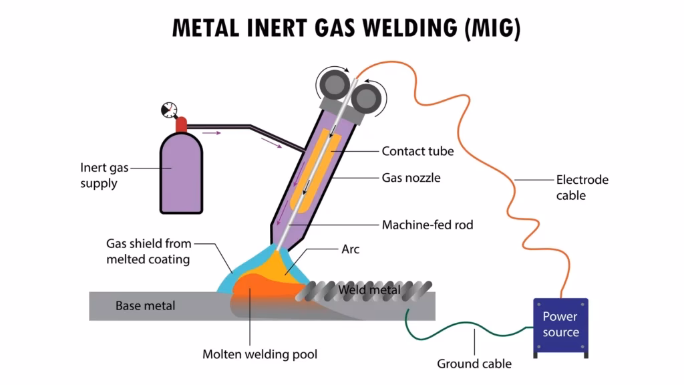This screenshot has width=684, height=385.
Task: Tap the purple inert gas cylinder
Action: pyautogui.click(x=180, y=170)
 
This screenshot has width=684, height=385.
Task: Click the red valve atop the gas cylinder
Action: pyautogui.click(x=181, y=124)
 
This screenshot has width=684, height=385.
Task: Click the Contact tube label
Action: pyautogui.click(x=417, y=151)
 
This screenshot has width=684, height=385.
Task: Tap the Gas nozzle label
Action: pyautogui.click(x=411, y=178)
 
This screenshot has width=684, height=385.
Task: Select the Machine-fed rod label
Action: pyautogui.click(x=427, y=225)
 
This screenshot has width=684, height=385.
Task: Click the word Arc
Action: pyautogui.click(x=350, y=249)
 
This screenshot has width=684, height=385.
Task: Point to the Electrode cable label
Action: pyautogui.click(x=582, y=187)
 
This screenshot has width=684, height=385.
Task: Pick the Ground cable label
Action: pyautogui.click(x=474, y=364)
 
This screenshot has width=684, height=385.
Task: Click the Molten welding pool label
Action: pyautogui.click(x=260, y=354)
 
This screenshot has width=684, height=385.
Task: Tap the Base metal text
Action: pyautogui.click(x=145, y=306)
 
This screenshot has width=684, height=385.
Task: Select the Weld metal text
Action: pyautogui.click(x=369, y=290)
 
